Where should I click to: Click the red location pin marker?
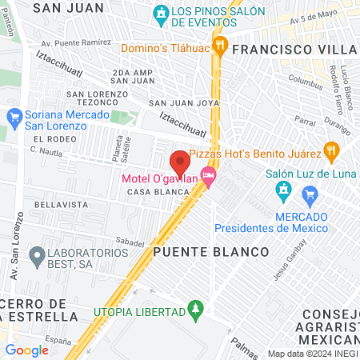pyautogui.click(x=180, y=161)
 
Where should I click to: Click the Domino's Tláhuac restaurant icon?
pyautogui.click(x=227, y=47)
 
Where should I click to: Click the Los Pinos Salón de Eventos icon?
pyautogui.click(x=162, y=14)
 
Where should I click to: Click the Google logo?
pyautogui.click(x=27, y=350)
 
